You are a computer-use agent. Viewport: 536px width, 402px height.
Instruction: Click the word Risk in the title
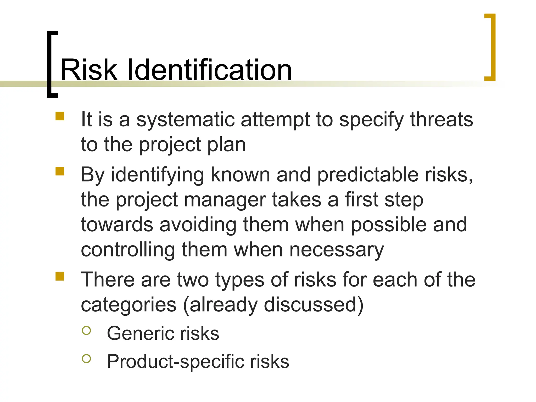89,70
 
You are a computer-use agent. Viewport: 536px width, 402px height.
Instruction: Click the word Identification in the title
209,70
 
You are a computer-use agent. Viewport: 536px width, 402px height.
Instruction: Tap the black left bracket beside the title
50,64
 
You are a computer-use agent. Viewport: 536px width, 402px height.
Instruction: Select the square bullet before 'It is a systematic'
60,116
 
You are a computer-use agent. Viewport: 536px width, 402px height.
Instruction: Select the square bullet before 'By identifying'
60,171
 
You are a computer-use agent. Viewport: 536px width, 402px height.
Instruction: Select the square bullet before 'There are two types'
60,276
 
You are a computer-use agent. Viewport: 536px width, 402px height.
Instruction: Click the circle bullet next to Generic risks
86,331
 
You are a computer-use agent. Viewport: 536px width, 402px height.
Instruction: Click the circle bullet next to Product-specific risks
86,359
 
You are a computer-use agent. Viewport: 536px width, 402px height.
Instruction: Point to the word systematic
186,120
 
